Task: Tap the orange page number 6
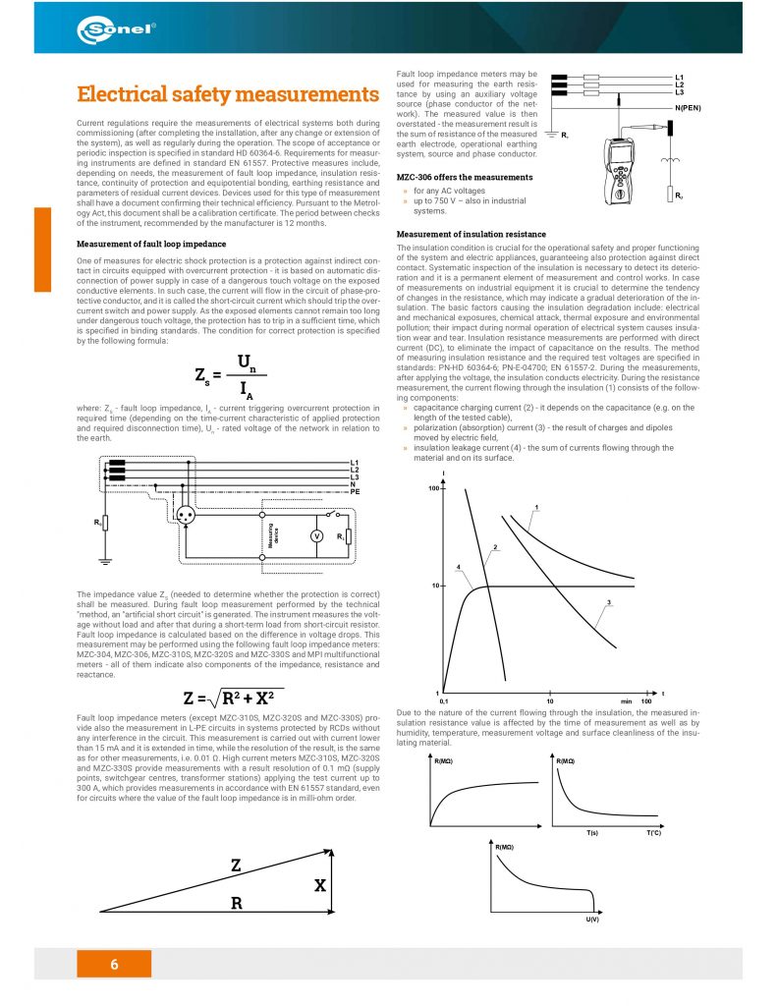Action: (x=114, y=964)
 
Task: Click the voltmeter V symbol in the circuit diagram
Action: (x=316, y=535)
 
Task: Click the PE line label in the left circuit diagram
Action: (x=356, y=488)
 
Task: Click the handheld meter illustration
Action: (x=623, y=173)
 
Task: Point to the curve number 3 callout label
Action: (x=610, y=602)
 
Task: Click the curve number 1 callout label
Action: (x=537, y=508)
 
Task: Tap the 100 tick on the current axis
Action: (x=433, y=488)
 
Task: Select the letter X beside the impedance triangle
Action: (x=320, y=885)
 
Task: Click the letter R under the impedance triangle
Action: (x=236, y=903)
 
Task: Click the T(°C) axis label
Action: (x=654, y=832)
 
